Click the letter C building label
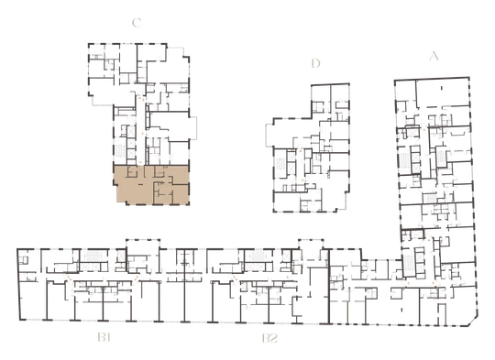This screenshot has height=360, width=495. (137, 23)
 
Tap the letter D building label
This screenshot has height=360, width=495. (315, 63)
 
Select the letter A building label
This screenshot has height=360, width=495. (434, 56)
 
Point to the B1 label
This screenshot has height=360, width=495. (104, 338)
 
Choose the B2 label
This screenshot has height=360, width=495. (269, 338)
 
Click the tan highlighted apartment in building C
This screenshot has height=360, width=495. (151, 184)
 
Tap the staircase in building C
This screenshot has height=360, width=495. (120, 150)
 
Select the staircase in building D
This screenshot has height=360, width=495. (280, 164)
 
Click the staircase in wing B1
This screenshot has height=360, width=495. (93, 256)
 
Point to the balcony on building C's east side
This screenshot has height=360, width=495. (193, 127)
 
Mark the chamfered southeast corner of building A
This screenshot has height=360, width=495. (473, 322)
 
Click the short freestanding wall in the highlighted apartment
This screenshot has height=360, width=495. (140, 185)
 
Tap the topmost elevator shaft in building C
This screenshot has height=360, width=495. (130, 130)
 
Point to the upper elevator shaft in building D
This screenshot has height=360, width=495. (291, 157)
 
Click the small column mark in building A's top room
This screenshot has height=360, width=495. (442, 88)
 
